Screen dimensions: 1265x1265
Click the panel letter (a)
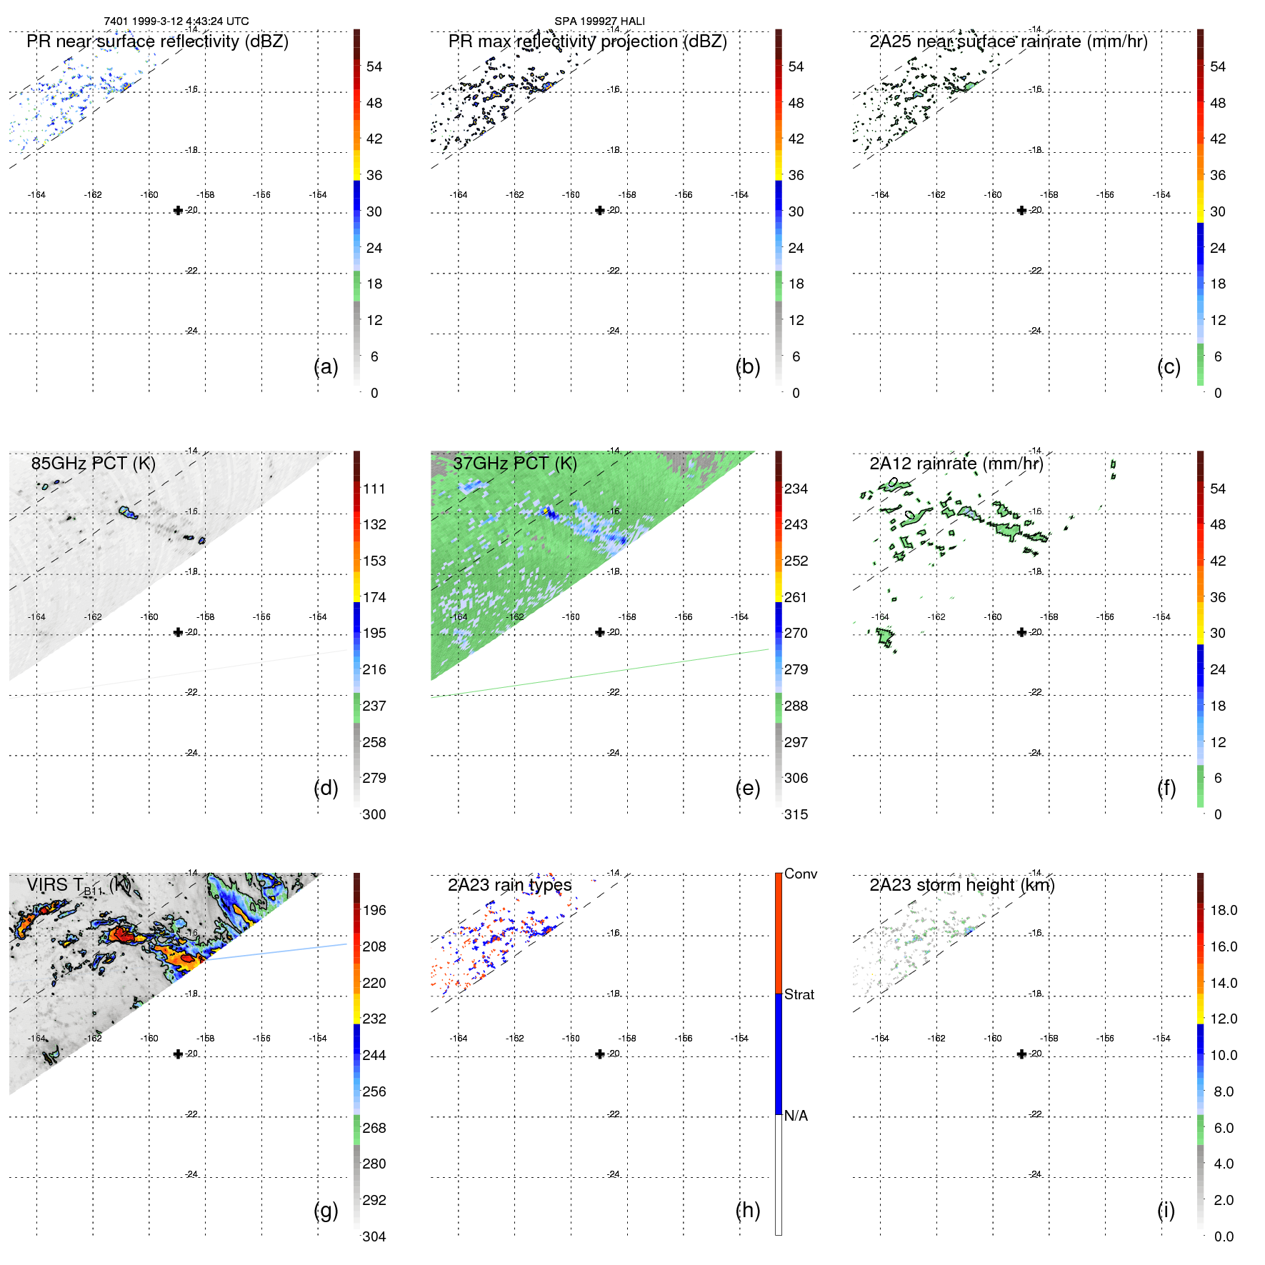point(326,367)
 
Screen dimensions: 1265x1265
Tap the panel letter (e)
point(747,789)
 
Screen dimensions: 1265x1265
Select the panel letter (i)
point(1166,1210)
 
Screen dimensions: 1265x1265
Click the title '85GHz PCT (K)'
point(94,463)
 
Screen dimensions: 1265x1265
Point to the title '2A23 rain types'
point(509,885)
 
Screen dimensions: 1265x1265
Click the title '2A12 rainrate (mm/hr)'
point(956,463)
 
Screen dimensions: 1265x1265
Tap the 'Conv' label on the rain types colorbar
point(800,874)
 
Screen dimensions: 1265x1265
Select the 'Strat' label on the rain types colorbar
point(799,994)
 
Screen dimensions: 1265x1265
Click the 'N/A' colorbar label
point(796,1116)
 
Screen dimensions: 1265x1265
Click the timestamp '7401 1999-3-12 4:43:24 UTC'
point(176,21)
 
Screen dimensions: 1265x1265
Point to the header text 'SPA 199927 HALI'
point(599,21)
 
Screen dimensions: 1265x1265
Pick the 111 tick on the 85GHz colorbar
point(374,489)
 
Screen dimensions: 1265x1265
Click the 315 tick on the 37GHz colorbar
point(796,814)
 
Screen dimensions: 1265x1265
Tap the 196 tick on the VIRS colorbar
point(374,910)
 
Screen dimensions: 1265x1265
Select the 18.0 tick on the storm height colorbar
point(1224,910)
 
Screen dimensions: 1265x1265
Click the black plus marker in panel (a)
point(178,210)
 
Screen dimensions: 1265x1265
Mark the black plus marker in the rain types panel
point(600,1054)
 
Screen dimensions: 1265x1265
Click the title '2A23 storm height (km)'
point(961,885)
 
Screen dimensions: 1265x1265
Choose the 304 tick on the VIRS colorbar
point(374,1236)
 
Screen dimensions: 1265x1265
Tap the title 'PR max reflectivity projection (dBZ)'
point(587,41)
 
